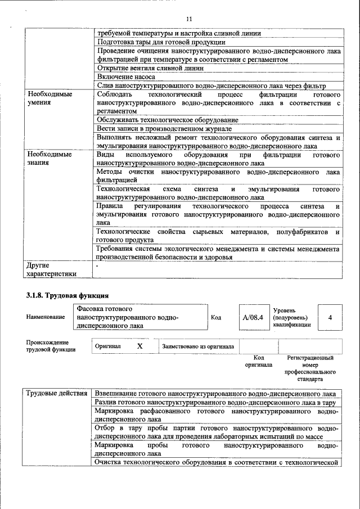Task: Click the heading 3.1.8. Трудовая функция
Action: [x=67, y=295]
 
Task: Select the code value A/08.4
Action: [x=253, y=318]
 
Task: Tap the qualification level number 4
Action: [x=330, y=318]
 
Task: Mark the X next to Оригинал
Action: [x=139, y=346]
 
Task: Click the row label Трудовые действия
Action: [x=56, y=394]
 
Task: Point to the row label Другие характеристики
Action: [x=51, y=269]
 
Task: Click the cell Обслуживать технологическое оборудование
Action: [x=167, y=120]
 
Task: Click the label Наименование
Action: [x=46, y=318]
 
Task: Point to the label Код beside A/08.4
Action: [x=216, y=318]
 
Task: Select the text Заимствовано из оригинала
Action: [x=198, y=347]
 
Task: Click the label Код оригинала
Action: [x=258, y=361]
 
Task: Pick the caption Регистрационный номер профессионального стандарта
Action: [x=310, y=368]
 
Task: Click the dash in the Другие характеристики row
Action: [x=97, y=265]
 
